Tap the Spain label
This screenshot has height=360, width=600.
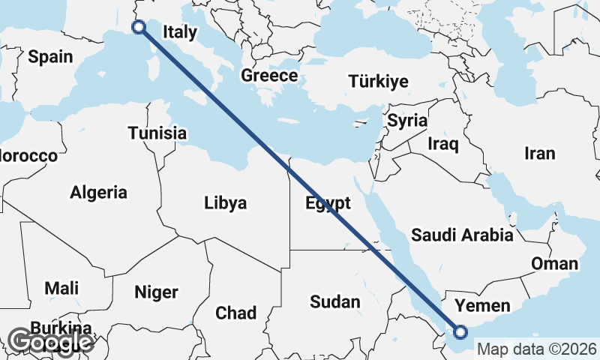pyautogui.click(x=50, y=56)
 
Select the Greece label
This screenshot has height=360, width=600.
pyautogui.click(x=269, y=76)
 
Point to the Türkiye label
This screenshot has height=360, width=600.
pyautogui.click(x=379, y=82)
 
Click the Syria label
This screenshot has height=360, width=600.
pyautogui.click(x=407, y=121)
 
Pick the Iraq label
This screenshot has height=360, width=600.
pyautogui.click(x=442, y=143)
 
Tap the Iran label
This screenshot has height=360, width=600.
pyautogui.click(x=540, y=154)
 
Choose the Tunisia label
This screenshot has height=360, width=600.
pyautogui.click(x=157, y=133)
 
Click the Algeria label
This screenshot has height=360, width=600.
pyautogui.click(x=98, y=193)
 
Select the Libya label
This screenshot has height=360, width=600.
pyautogui.click(x=225, y=203)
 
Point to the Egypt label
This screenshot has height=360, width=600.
pyautogui.click(x=328, y=203)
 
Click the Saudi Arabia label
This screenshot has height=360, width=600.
pyautogui.click(x=462, y=235)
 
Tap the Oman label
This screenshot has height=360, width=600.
pyautogui.click(x=555, y=263)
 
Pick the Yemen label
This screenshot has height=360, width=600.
pyautogui.click(x=483, y=305)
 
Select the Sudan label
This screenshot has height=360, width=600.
pyautogui.click(x=335, y=302)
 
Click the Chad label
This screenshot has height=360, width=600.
pyautogui.click(x=235, y=313)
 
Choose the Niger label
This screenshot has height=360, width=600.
pyautogui.click(x=156, y=292)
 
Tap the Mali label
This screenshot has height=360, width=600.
pyautogui.click(x=61, y=288)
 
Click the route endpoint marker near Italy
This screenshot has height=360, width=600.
pyautogui.click(x=139, y=27)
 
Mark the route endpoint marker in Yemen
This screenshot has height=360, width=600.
pyautogui.click(x=460, y=331)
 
